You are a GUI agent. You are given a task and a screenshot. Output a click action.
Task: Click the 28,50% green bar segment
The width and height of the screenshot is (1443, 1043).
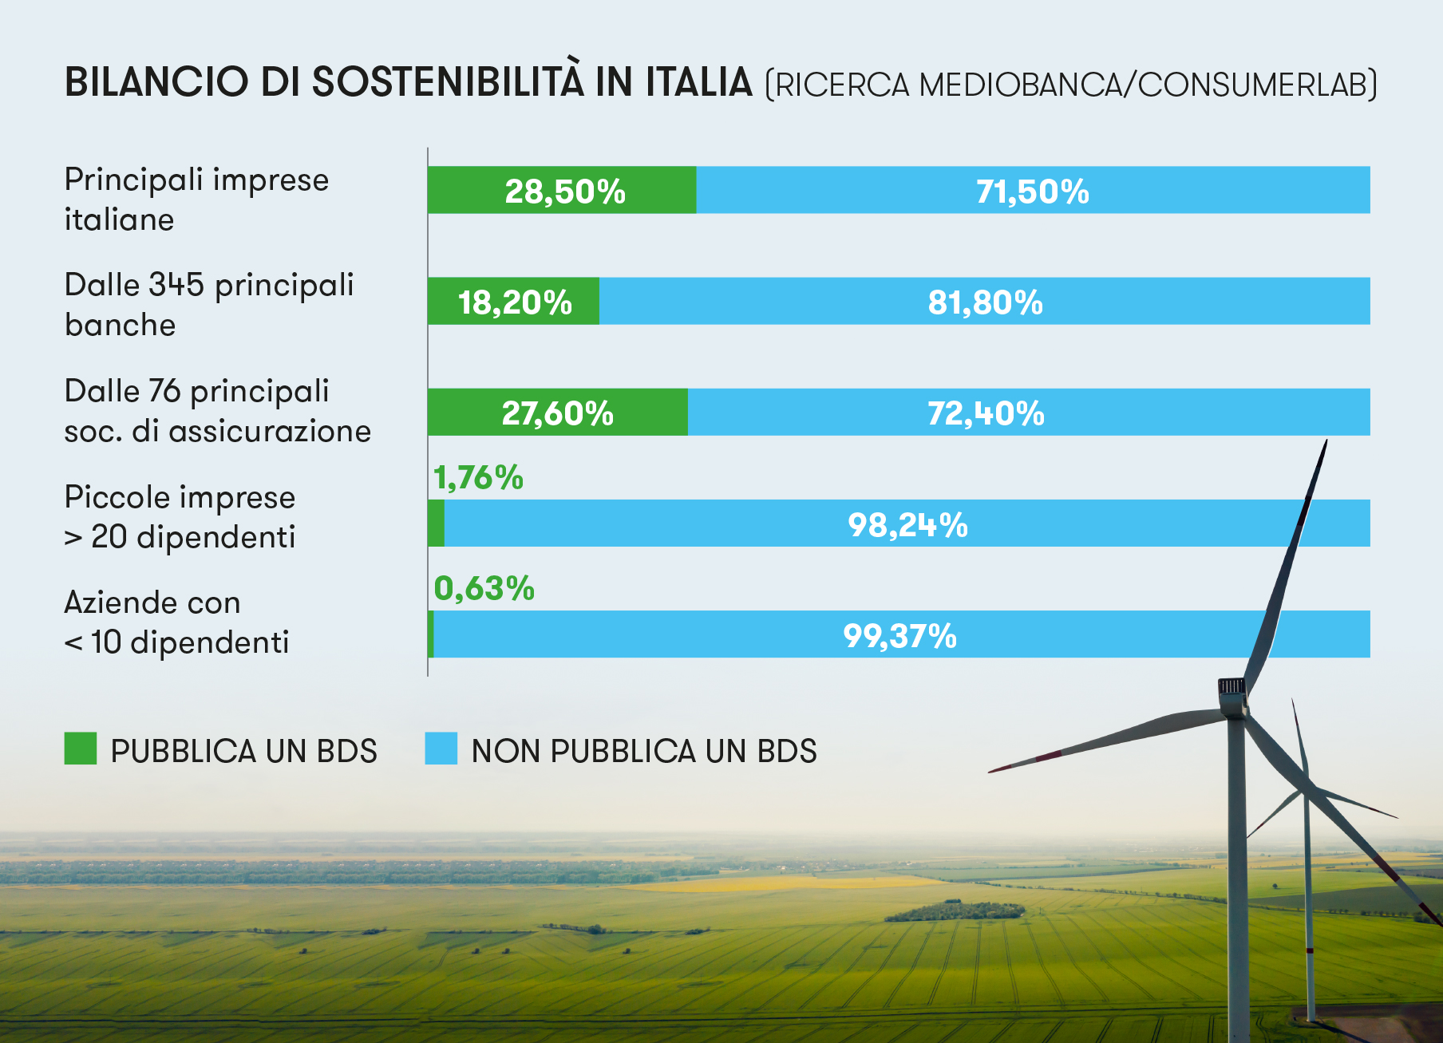[562, 191]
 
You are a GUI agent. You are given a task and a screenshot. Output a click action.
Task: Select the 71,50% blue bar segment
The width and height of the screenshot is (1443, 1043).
[1033, 191]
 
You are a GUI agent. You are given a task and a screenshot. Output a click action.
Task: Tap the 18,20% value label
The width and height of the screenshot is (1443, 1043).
[515, 302]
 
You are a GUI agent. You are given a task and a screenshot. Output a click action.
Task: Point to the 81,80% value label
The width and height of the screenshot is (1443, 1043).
[985, 302]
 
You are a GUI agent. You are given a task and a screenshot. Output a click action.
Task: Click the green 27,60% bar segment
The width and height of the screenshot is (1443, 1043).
[557, 413]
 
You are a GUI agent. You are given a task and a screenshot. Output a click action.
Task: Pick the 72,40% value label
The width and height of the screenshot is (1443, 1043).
[986, 413]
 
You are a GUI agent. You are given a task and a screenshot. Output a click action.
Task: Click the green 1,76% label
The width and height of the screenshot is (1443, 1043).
[478, 477]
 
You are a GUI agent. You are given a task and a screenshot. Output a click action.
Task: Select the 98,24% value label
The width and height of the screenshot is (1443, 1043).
[907, 524]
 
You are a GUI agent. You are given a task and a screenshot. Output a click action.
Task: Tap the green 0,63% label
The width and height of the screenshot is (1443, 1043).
[484, 588]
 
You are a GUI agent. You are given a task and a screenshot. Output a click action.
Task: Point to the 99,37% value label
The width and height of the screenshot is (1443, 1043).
[899, 635]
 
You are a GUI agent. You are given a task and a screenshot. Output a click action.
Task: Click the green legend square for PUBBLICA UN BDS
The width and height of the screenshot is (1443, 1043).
[81, 749]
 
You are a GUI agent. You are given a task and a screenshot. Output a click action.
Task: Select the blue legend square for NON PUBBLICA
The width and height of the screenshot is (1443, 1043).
[441, 749]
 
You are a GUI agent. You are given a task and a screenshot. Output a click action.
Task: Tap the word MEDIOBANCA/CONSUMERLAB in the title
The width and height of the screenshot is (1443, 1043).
[1145, 85]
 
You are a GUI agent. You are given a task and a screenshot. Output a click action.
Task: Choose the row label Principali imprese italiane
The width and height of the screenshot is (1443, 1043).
[196, 199]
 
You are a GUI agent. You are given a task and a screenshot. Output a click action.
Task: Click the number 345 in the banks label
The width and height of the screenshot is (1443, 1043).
[177, 285]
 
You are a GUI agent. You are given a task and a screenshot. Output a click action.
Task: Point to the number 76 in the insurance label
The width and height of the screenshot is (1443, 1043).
[164, 391]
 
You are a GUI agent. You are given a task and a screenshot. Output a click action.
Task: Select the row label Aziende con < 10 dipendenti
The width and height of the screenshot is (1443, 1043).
[176, 622]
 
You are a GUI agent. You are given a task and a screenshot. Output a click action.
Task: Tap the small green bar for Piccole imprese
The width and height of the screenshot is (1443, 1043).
[436, 523]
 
